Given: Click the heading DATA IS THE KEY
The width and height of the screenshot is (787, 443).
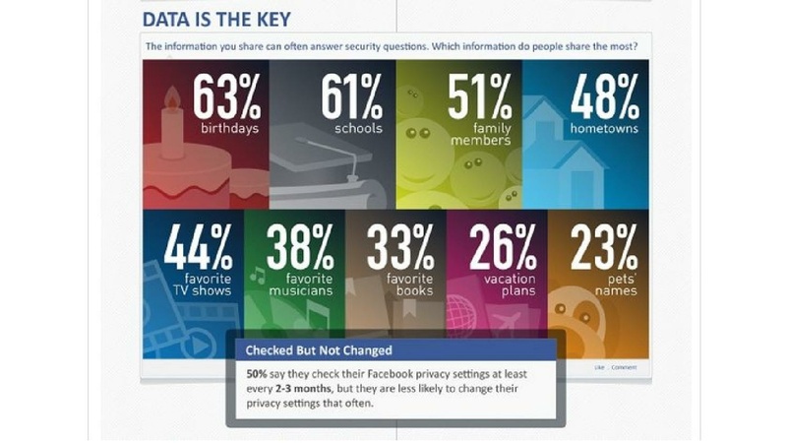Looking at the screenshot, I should tap(215, 20).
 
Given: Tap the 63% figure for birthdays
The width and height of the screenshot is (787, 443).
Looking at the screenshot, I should tap(226, 97).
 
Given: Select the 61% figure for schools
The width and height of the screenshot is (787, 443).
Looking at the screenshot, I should tap(352, 97).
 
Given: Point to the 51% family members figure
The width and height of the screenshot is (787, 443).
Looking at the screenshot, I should tap(480, 97).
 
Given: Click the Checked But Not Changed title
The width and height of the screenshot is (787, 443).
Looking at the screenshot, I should tap(307, 350).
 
